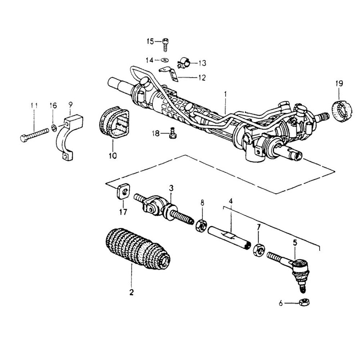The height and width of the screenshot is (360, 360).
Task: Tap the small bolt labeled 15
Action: (x=166, y=45)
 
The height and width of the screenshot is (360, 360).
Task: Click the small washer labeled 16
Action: (x=53, y=127)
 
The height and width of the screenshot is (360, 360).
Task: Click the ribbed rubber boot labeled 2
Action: (x=137, y=249)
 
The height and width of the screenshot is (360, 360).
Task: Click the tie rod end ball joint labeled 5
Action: (x=297, y=268)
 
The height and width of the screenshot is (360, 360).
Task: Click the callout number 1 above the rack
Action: (x=225, y=95)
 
